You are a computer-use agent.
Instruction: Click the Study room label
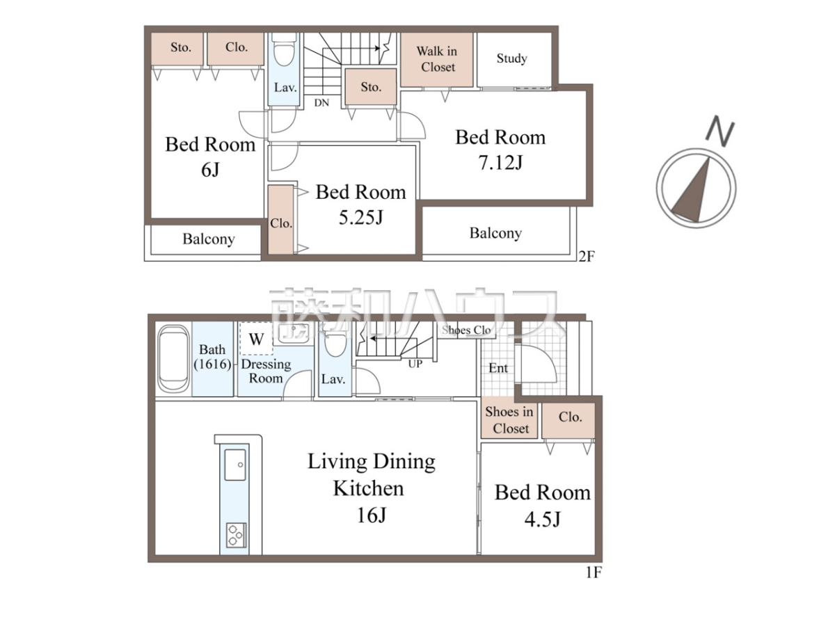tap(511, 58)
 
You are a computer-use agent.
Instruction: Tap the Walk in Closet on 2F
tap(437, 59)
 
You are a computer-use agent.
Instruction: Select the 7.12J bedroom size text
tap(500, 163)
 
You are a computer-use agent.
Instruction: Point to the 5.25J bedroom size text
tap(360, 218)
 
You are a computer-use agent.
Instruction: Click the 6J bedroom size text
tap(210, 170)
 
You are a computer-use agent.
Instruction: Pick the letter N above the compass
tap(719, 131)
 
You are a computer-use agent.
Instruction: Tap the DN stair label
tap(321, 103)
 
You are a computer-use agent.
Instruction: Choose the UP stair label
tap(415, 364)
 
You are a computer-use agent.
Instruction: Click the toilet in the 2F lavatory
tap(285, 50)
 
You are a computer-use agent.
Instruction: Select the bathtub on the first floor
tap(173, 359)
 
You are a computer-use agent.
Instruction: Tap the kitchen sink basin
tap(235, 465)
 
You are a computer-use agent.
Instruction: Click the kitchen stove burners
tap(236, 535)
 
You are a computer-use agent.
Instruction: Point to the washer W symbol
tap(256, 339)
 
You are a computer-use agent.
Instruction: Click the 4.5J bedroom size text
tap(543, 519)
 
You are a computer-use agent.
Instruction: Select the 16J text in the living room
tap(372, 515)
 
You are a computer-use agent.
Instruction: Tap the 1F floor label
tap(594, 572)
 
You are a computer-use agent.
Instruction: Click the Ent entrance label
tap(498, 368)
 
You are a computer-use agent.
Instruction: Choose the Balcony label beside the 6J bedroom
tap(209, 239)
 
